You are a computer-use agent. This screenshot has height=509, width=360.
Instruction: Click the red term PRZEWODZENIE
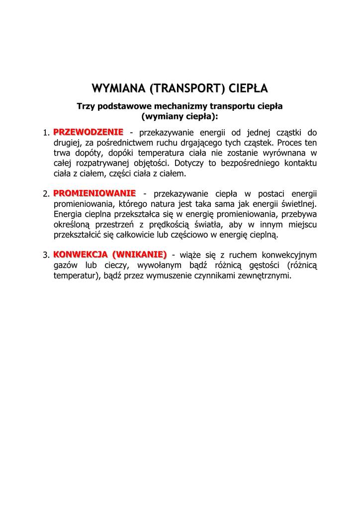(89, 132)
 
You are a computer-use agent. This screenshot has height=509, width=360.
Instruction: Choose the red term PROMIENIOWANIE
(94, 193)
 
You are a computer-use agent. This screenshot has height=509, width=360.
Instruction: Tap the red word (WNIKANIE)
(140, 254)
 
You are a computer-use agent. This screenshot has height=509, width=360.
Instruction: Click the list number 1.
(45, 133)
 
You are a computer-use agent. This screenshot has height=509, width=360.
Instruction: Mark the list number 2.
(45, 193)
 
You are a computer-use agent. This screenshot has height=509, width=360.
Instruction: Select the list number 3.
(45, 255)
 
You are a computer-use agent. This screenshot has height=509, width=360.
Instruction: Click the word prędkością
(174, 224)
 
